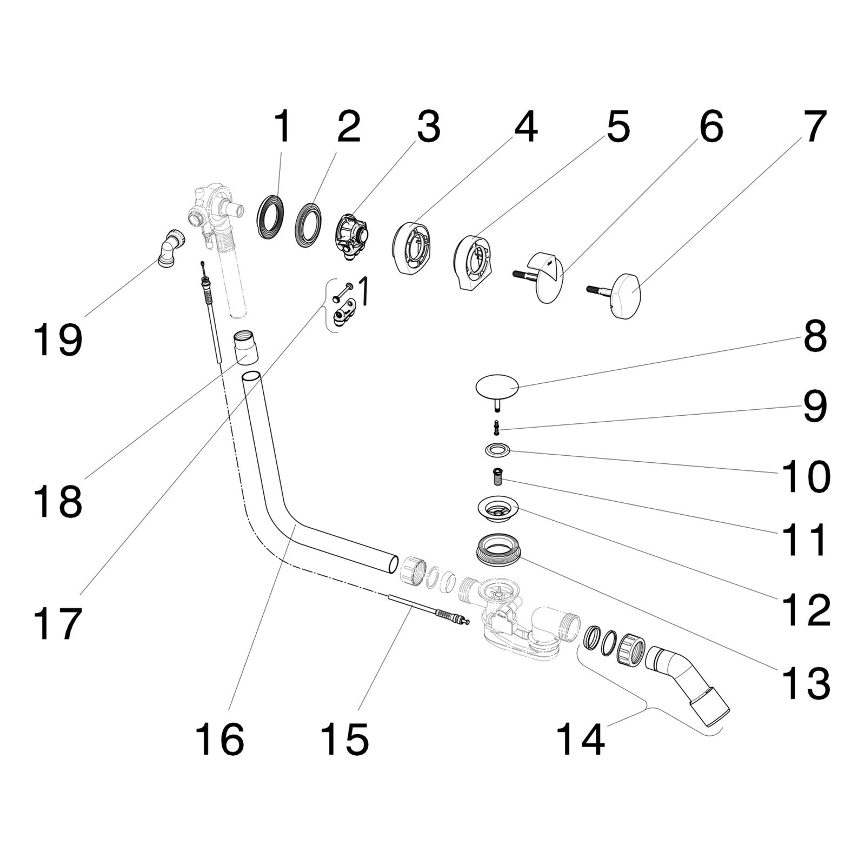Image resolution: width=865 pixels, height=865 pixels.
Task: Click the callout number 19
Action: point(58,340)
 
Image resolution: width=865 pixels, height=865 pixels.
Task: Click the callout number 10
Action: point(804,476)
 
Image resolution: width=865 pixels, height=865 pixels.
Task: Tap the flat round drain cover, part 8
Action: point(496,386)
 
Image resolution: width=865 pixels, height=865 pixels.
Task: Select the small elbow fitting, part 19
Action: point(171,247)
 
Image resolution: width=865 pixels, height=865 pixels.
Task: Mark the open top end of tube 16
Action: point(251,377)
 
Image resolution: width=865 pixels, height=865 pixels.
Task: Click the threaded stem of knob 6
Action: point(524,274)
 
